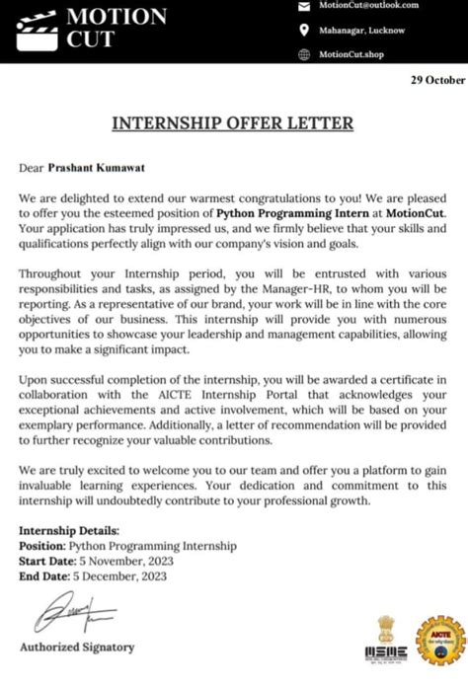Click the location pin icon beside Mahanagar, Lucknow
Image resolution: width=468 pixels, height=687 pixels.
pos(306,30)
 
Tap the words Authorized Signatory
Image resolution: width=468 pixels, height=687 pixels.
pos(77,648)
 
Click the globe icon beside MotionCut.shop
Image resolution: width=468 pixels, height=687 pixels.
pos(306,53)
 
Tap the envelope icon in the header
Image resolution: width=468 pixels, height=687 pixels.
pos(306,6)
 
